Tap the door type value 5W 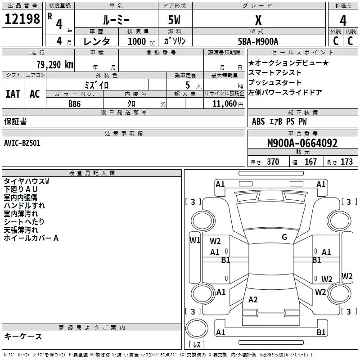coord(175,20)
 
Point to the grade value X coord(258,20)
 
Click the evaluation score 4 coord(343,20)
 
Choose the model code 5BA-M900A coord(258,41)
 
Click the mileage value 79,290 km coord(54,65)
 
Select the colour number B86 coord(75,103)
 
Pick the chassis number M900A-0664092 coord(302,143)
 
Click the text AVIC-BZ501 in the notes coord(22,143)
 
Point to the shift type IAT coord(13,94)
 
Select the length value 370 coord(273,162)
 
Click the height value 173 coord(346,162)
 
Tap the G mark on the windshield coord(284,237)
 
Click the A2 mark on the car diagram coord(253,300)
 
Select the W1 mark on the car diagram coord(194,240)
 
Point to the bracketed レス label coord(196,344)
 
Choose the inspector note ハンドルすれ coord(24,205)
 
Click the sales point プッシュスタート coord(275,83)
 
